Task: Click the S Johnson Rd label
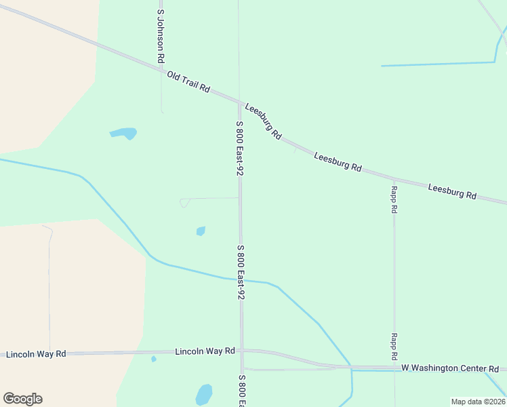click(161, 36)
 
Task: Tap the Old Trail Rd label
click(188, 83)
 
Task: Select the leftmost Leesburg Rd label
click(263, 121)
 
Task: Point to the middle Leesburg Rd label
click(338, 161)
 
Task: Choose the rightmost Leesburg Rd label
click(452, 191)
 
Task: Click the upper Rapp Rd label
click(394, 199)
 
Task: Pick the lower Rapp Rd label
click(394, 347)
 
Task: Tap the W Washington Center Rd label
click(450, 368)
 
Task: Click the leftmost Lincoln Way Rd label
click(36, 354)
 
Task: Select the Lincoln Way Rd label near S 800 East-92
click(205, 351)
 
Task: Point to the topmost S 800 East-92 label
click(239, 149)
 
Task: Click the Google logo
click(22, 399)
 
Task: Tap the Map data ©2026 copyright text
click(478, 402)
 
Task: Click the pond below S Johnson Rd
click(123, 133)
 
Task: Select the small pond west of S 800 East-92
click(201, 231)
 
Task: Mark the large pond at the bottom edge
click(204, 395)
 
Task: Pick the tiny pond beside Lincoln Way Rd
click(154, 359)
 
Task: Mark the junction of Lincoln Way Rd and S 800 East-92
click(241, 351)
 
